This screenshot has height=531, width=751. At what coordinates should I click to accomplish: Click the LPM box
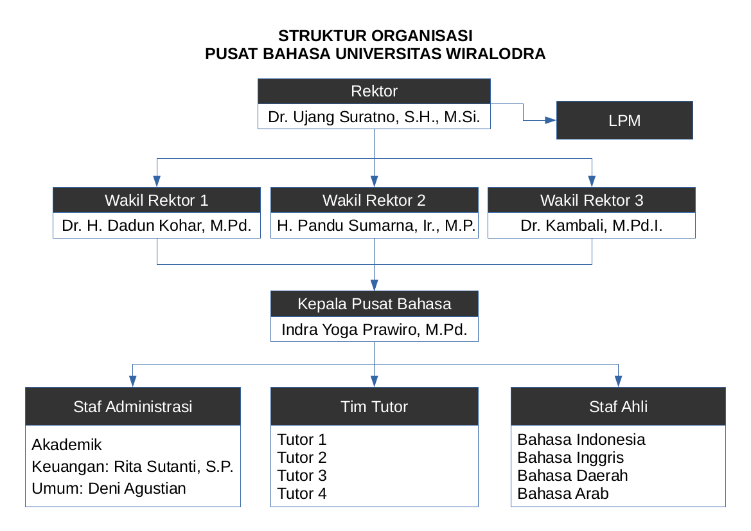[624, 120]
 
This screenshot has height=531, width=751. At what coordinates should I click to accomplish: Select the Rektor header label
[374, 91]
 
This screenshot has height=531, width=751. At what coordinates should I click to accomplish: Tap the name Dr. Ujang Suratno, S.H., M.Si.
[374, 118]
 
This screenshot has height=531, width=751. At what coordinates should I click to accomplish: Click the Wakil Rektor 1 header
[157, 200]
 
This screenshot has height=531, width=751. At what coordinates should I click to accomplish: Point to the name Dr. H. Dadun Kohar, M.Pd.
[157, 226]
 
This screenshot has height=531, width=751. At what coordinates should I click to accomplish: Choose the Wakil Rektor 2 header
[374, 200]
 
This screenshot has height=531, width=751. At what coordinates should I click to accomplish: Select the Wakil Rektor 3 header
[591, 200]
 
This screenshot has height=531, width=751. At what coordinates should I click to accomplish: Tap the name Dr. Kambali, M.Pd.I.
[591, 226]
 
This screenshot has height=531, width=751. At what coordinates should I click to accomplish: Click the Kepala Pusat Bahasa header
[374, 304]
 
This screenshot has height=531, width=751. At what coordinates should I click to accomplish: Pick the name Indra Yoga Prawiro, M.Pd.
[374, 330]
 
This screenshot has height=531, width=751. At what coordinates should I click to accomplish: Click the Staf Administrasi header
[133, 406]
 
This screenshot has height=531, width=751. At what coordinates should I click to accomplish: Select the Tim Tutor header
[374, 406]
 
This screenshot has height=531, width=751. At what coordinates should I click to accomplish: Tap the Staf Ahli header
[618, 406]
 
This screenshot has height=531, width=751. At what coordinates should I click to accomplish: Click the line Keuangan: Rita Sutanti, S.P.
[132, 467]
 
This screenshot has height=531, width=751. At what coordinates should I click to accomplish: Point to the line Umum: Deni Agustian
[109, 489]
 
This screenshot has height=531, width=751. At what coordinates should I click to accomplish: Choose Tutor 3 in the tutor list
[302, 476]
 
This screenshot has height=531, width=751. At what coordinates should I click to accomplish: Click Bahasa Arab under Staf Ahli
[563, 494]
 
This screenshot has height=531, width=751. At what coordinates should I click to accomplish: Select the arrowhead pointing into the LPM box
[551, 120]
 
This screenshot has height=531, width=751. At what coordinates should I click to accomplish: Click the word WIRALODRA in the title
[495, 54]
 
